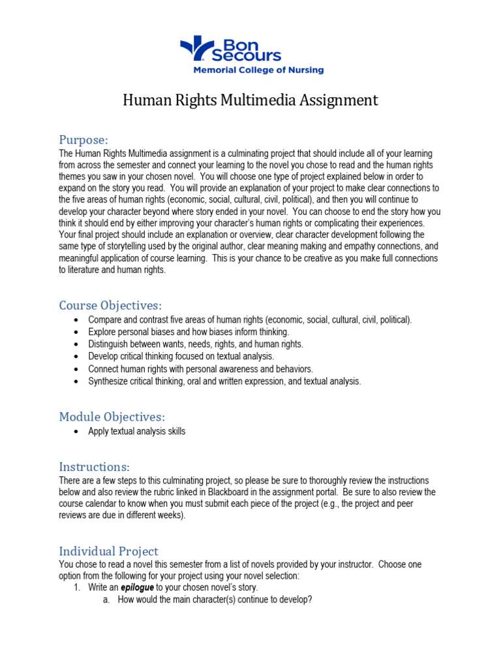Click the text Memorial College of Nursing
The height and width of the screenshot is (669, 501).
pyautogui.click(x=257, y=70)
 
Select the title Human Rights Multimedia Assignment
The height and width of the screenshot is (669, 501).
pyautogui.click(x=250, y=100)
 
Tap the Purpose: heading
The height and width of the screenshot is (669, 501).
pyautogui.click(x=83, y=140)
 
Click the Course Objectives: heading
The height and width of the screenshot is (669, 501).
pyautogui.click(x=110, y=306)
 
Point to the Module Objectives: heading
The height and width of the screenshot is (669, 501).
pyautogui.click(x=112, y=417)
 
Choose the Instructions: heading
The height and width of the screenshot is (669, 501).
pyautogui.click(x=94, y=466)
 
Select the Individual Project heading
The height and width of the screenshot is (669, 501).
pyautogui.click(x=108, y=551)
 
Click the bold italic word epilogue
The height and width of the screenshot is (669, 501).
pyautogui.click(x=138, y=587)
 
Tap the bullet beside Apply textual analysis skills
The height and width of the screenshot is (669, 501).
pyautogui.click(x=77, y=431)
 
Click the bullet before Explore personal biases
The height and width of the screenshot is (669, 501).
pyautogui.click(x=77, y=332)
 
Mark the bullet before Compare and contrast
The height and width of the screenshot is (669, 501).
pyautogui.click(x=77, y=320)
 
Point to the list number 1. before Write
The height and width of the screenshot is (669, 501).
pyautogui.click(x=76, y=587)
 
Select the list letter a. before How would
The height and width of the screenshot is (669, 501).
pyautogui.click(x=106, y=599)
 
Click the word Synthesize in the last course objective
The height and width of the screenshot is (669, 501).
pyautogui.click(x=109, y=382)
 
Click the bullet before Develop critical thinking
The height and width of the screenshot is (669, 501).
pyautogui.click(x=77, y=357)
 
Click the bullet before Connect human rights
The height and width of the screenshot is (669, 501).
pyautogui.click(x=77, y=369)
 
